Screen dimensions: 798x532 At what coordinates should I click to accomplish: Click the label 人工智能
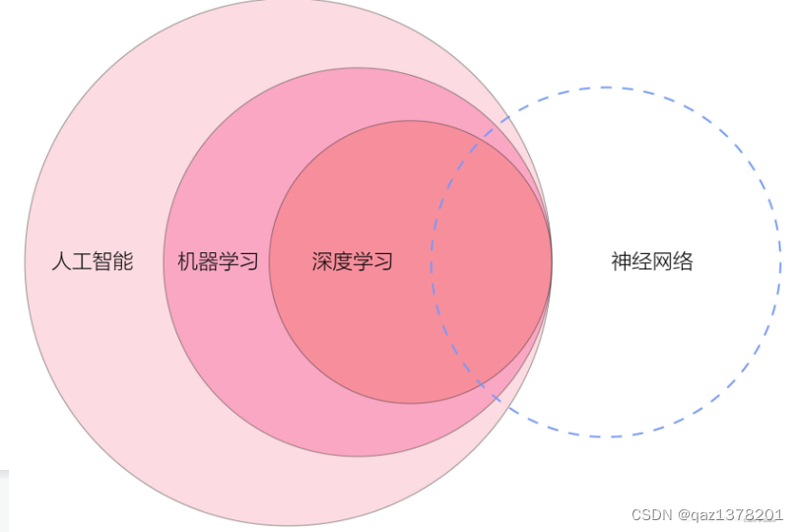tap(92, 262)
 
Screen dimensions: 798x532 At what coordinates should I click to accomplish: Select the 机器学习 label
tap(218, 262)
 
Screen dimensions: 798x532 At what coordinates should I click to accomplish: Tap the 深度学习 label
tap(353, 262)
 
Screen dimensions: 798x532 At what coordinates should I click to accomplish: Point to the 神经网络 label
tap(652, 262)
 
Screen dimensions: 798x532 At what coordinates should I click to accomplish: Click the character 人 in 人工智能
tap(61, 262)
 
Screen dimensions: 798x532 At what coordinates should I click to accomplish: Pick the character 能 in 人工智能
tap(123, 262)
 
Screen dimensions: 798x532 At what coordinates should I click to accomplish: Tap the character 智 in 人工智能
tap(102, 262)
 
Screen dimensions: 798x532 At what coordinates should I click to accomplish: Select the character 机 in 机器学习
tap(187, 262)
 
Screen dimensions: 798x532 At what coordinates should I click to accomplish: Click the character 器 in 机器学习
tap(208, 262)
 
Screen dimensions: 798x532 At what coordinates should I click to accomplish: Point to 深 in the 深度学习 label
tap(322, 262)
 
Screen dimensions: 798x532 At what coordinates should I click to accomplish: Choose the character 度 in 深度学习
tap(343, 262)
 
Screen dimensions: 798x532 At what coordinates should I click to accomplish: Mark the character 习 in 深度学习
tap(384, 262)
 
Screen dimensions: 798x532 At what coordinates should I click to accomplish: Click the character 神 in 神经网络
tap(621, 262)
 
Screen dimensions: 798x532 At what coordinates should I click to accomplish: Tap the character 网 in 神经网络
tap(663, 262)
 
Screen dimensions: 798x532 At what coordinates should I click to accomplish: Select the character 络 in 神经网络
tap(684, 262)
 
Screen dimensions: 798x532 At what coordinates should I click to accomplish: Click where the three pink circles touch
tap(551, 262)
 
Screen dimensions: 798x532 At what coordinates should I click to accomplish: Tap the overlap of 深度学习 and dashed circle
tap(493, 262)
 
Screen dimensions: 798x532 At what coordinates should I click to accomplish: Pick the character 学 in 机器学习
tap(229, 262)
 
